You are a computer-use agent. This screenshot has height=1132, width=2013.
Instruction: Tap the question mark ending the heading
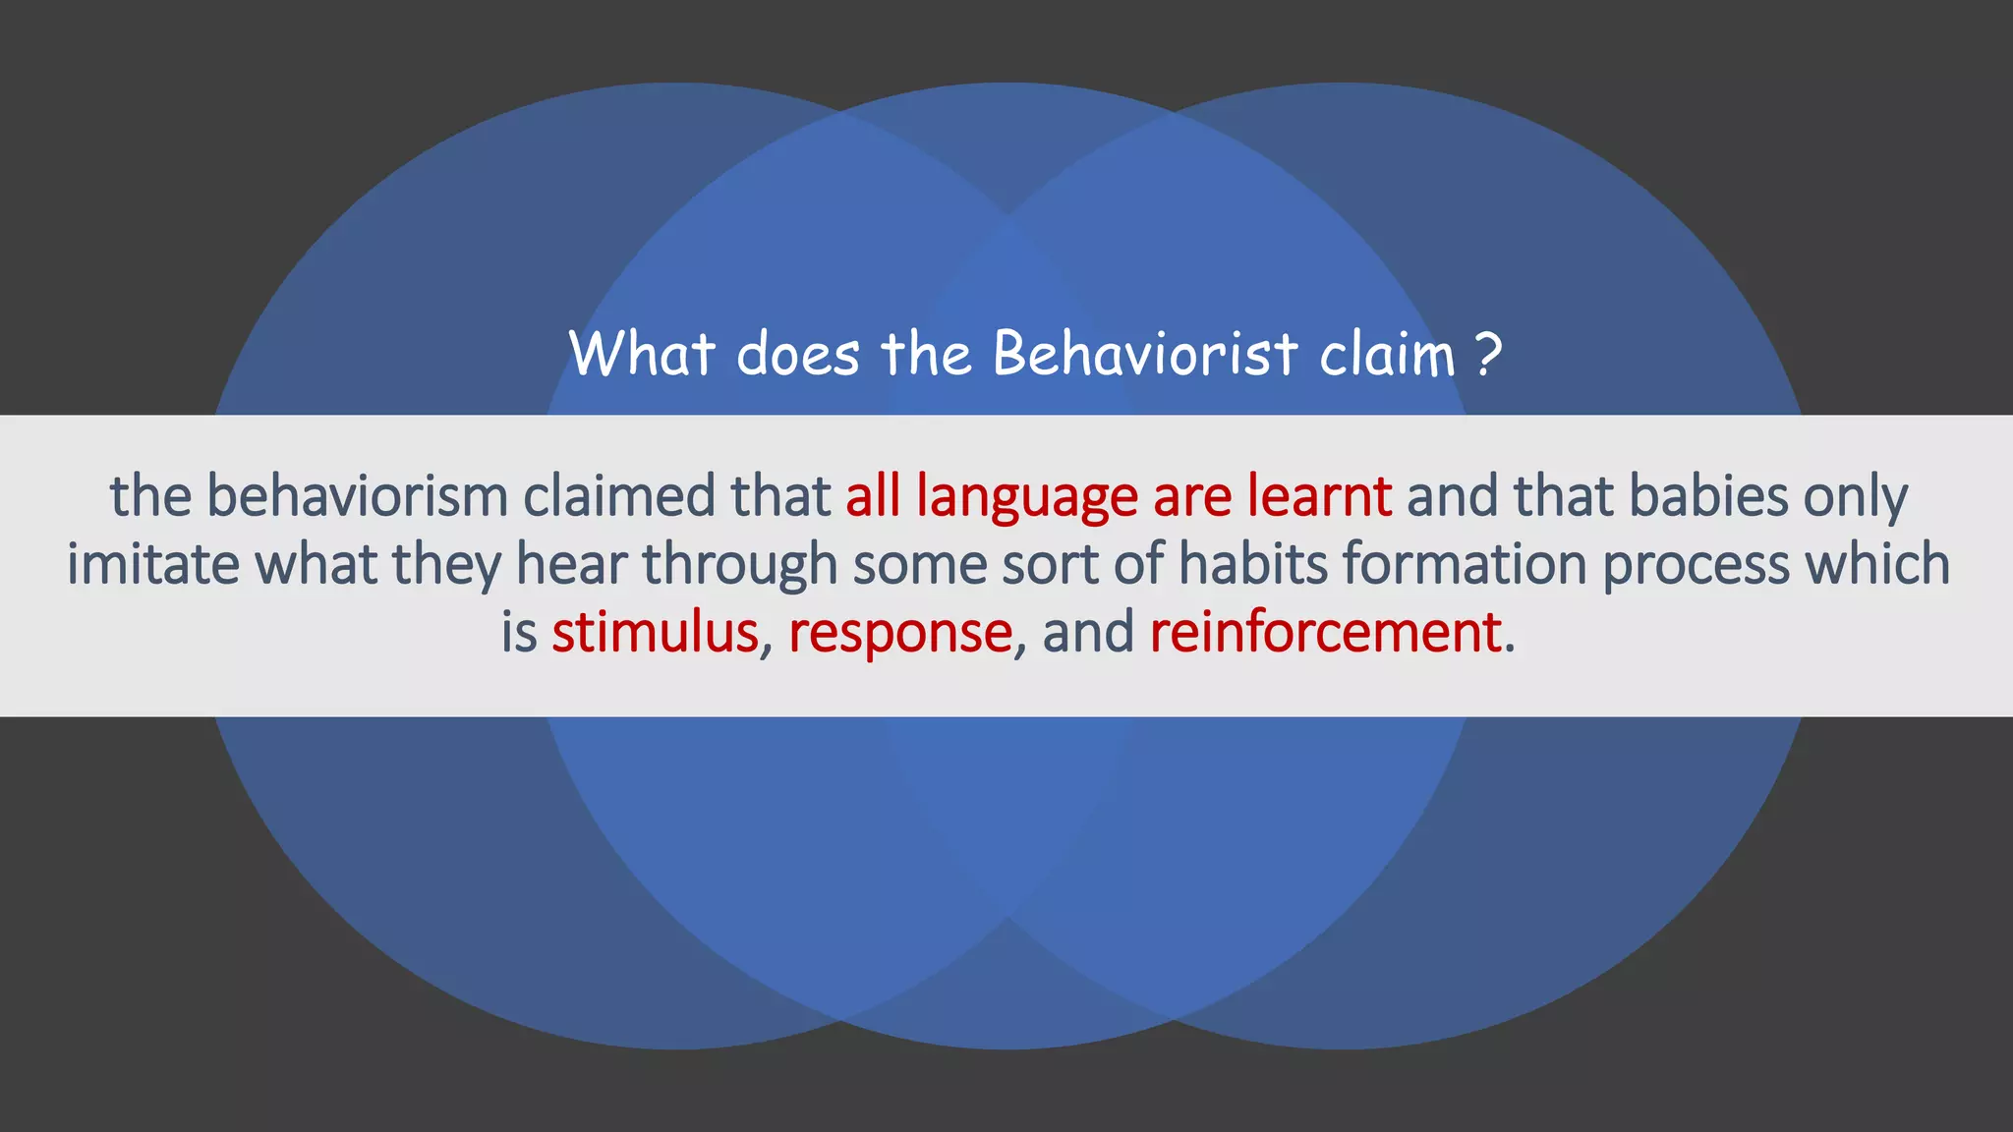tap(1489, 355)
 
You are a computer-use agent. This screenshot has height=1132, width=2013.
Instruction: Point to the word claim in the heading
tap(1386, 355)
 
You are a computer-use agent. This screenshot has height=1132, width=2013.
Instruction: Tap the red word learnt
tap(1319, 496)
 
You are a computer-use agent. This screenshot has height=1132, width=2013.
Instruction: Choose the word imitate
tap(152, 565)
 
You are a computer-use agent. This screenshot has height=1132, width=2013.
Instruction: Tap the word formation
tap(1465, 565)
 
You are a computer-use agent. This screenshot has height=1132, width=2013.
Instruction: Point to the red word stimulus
tap(655, 632)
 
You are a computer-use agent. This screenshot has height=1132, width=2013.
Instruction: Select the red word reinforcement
tap(1325, 632)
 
